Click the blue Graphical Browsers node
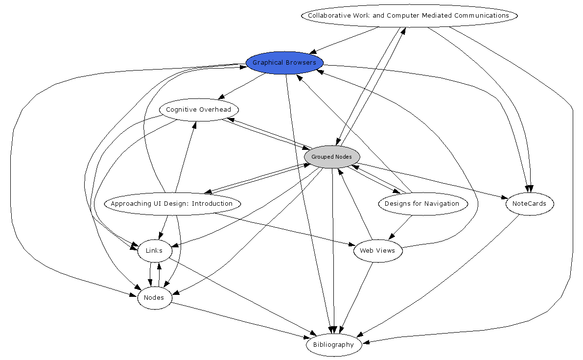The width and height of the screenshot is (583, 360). point(284,63)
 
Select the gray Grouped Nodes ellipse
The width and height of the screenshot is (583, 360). point(332,157)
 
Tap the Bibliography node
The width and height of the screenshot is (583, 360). point(333,345)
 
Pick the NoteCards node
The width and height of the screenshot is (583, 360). point(530,203)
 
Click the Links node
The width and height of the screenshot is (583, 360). point(154,251)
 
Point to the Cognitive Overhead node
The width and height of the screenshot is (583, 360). point(198,109)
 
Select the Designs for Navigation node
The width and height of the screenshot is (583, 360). point(422,204)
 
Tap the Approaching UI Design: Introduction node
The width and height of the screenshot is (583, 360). point(171,204)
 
